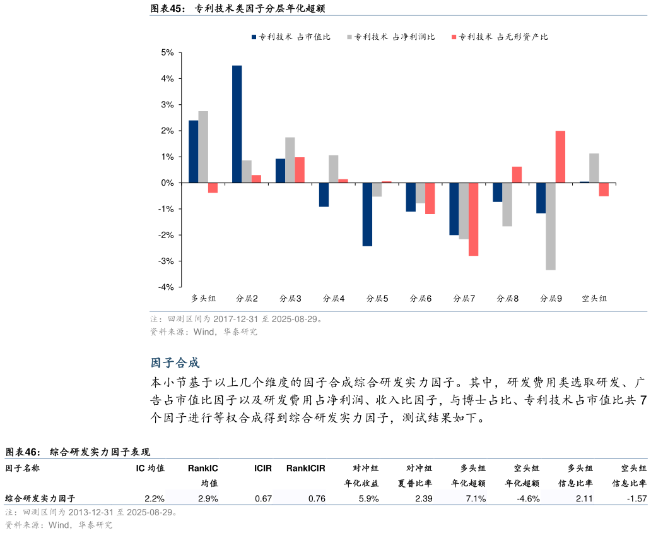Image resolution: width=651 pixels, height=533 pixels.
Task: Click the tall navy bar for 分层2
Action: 237,124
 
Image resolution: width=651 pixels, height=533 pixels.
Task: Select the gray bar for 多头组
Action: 203,147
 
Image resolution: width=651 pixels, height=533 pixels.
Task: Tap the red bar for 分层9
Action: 560,157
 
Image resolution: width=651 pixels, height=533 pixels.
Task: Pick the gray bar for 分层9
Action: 551,226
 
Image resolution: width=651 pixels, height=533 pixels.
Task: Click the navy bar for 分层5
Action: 367,214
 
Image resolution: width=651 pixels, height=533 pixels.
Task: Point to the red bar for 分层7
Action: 473,219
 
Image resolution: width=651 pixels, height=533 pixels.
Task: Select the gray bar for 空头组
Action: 594,168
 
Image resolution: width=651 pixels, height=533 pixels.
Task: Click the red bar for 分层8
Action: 517,174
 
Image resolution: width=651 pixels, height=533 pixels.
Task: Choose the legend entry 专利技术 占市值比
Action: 290,37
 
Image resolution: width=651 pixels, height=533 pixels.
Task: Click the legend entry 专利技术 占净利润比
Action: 390,37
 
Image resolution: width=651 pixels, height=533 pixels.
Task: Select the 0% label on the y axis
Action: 167,183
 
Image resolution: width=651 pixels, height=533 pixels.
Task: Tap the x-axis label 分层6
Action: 421,298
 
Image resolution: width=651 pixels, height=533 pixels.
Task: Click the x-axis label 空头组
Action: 594,298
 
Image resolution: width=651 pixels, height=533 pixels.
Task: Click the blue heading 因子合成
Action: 175,363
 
